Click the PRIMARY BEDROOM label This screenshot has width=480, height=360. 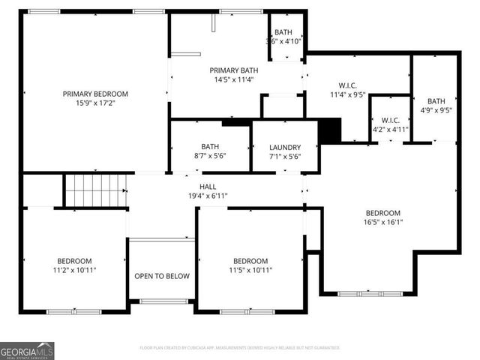click(x=95, y=94)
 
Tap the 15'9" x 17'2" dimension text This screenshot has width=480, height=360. click(x=95, y=103)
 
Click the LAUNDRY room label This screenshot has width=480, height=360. click(x=285, y=147)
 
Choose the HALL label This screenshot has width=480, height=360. click(x=208, y=186)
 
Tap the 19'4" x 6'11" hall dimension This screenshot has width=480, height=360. click(x=208, y=196)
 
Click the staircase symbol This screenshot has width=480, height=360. click(x=95, y=190)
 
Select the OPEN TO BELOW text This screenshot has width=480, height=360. click(x=162, y=276)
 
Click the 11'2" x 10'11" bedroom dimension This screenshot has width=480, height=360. click(x=74, y=270)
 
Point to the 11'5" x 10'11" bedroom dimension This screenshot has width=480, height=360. click(x=250, y=270)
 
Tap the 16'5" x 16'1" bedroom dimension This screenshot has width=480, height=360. click(x=383, y=222)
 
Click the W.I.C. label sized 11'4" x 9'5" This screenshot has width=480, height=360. click(x=347, y=85)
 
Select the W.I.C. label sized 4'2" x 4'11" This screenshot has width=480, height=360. click(x=390, y=120)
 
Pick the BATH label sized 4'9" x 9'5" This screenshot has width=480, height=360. click(x=436, y=101)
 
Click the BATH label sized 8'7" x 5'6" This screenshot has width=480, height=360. click(x=210, y=146)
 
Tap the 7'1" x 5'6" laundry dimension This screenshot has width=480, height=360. click(x=285, y=156)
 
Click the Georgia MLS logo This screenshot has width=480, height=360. click(x=27, y=350)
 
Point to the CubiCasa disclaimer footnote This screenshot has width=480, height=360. click(x=240, y=348)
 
